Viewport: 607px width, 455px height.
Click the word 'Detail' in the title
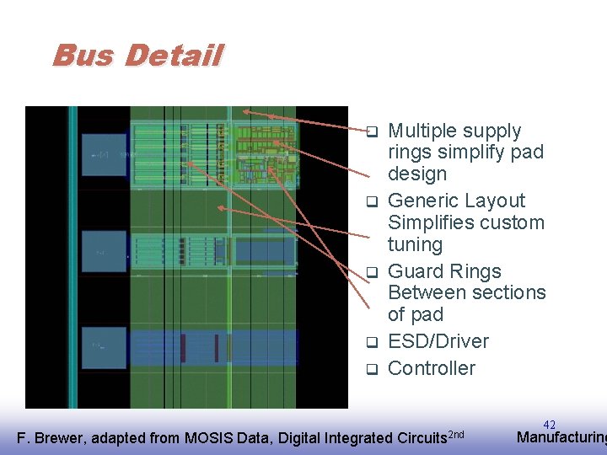[x=173, y=56]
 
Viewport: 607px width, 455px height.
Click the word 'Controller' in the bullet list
[x=431, y=368]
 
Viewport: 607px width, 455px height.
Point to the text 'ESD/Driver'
[x=438, y=341]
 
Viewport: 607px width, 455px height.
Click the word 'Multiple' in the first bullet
[x=422, y=131]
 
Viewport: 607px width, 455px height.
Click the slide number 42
[x=550, y=425]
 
